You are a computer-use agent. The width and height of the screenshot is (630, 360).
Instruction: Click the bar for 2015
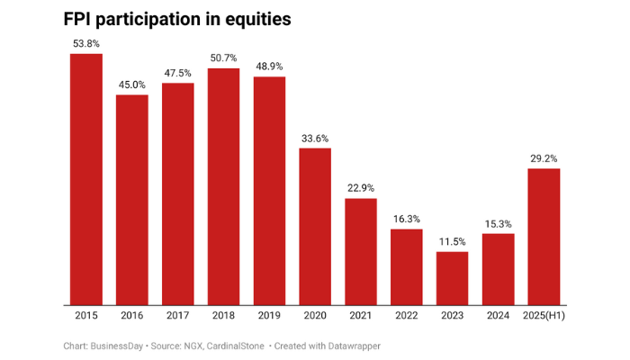coord(86,180)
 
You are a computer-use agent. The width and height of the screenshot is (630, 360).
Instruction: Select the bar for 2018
coord(223,187)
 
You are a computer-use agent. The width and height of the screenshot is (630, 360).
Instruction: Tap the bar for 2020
coord(315,227)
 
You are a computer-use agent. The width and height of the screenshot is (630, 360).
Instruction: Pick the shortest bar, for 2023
coord(452,279)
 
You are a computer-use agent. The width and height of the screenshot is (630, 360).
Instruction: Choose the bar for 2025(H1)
coord(544,238)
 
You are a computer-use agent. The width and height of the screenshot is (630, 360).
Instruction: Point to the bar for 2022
coord(406,267)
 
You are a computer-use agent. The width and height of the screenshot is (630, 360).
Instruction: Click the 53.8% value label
coord(86,42)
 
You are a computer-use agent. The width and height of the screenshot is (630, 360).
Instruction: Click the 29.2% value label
coord(544,157)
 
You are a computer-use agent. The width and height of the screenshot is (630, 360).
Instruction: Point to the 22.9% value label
coord(360,187)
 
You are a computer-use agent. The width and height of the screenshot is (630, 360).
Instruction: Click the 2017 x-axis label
coord(178,317)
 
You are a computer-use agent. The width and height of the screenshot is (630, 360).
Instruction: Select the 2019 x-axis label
coord(269,317)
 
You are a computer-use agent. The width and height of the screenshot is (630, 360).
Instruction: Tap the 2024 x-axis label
coord(498,317)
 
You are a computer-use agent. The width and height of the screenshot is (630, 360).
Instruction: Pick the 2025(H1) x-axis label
coord(544,317)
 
